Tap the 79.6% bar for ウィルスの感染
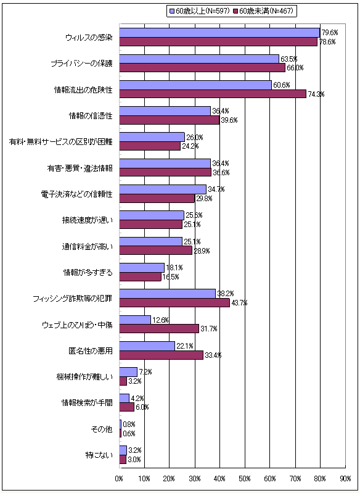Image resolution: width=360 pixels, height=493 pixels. click(x=219, y=33)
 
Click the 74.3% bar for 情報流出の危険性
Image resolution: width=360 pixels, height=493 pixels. click(x=212, y=93)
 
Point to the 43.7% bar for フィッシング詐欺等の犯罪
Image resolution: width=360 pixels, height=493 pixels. click(x=174, y=303)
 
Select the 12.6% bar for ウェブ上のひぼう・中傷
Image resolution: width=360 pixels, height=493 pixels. click(x=135, y=320)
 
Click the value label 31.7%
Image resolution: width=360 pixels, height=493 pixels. click(x=208, y=328)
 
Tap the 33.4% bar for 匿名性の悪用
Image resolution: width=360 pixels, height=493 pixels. click(x=161, y=355)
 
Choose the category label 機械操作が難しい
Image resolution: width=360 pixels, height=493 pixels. click(x=87, y=377)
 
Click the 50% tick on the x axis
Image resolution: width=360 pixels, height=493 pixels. click(x=245, y=478)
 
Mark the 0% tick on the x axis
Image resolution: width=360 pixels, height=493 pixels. click(x=119, y=478)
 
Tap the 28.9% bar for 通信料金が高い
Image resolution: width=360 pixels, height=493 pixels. click(x=155, y=251)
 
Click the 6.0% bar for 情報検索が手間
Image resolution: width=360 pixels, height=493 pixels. click(x=126, y=407)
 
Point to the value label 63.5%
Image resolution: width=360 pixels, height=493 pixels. click(x=288, y=59)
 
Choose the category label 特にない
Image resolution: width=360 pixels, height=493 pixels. click(x=99, y=455)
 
